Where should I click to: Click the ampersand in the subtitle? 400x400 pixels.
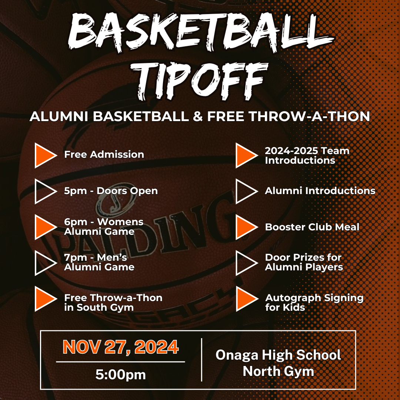(x=197, y=116)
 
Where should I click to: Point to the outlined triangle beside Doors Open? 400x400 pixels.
(x=44, y=191)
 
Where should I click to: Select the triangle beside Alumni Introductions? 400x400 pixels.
(x=246, y=191)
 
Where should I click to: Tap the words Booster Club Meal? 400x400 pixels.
(x=312, y=227)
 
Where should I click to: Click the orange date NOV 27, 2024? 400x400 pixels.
(x=121, y=347)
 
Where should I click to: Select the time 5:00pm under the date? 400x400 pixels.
(x=121, y=375)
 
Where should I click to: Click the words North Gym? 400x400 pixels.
(x=278, y=371)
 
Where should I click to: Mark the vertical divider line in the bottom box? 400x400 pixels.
(x=202, y=359)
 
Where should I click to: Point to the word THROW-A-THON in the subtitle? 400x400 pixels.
(x=310, y=116)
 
